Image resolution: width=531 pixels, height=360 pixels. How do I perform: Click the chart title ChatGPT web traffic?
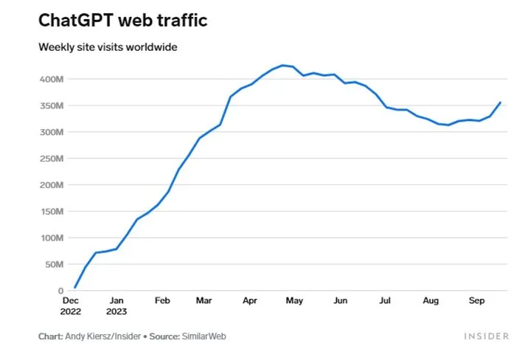click(x=122, y=20)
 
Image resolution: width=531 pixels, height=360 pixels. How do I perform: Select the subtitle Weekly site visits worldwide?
click(x=108, y=47)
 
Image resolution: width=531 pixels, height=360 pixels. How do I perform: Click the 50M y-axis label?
click(x=55, y=264)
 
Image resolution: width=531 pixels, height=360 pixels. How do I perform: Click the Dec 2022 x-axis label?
click(x=71, y=305)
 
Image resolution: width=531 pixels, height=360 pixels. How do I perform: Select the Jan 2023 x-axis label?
click(x=116, y=305)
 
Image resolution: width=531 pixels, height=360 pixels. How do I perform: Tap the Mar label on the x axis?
click(x=204, y=301)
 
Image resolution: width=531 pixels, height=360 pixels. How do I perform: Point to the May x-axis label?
click(x=294, y=301)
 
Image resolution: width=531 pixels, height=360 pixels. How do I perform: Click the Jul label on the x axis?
click(x=384, y=301)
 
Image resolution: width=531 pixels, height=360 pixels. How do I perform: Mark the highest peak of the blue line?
click(x=282, y=65)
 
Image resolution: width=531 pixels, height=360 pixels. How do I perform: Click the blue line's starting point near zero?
click(x=74, y=288)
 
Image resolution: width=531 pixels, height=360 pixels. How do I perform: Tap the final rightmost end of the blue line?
click(x=501, y=103)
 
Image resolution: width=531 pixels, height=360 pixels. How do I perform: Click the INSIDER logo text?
click(x=486, y=336)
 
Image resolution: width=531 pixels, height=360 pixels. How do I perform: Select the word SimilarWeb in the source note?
click(x=205, y=336)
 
